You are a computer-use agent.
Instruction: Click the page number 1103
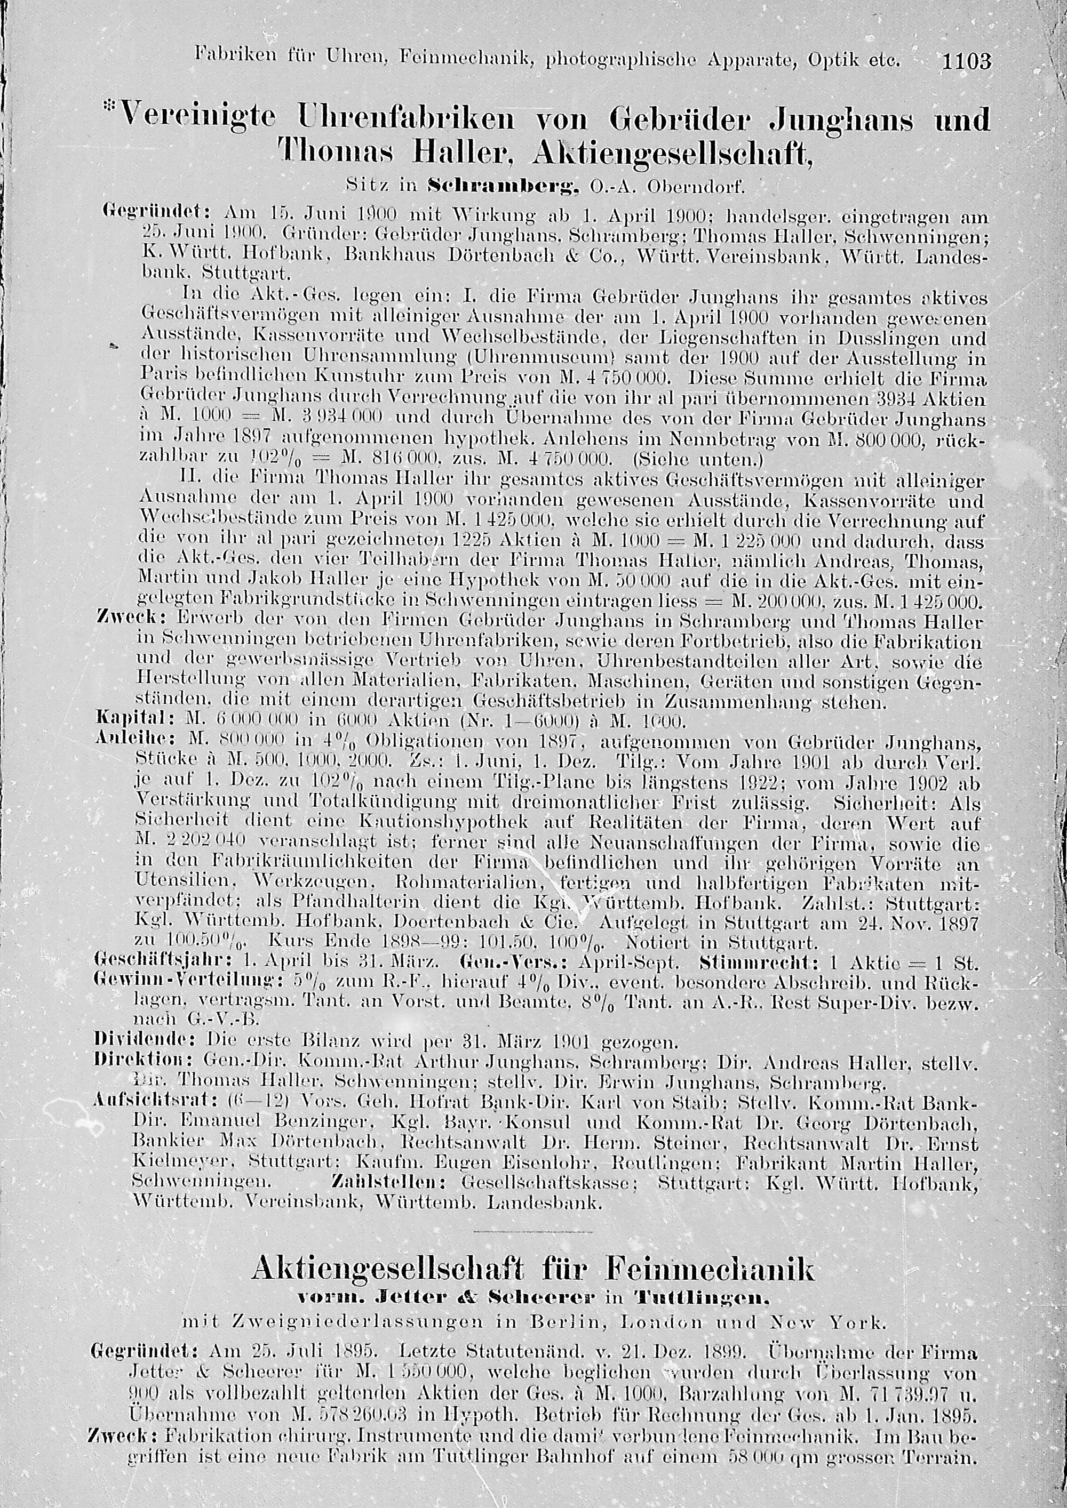point(965,62)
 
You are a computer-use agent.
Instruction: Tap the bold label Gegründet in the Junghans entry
point(156,214)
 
